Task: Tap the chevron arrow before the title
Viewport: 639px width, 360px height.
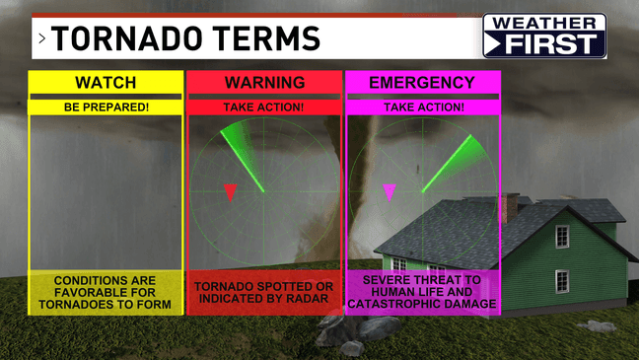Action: (x=42, y=40)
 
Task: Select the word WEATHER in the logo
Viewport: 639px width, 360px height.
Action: (x=543, y=23)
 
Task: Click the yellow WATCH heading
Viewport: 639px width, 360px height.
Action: (x=106, y=83)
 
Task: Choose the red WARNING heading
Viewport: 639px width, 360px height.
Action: (x=263, y=83)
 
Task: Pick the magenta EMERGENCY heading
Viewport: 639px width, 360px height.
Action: (x=422, y=83)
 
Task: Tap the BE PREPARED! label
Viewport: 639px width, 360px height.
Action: (x=106, y=107)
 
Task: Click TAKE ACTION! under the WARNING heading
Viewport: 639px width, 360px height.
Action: (x=263, y=107)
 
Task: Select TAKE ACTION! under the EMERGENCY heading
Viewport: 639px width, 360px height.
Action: (x=422, y=107)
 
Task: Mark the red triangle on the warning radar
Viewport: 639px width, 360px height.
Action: (x=230, y=191)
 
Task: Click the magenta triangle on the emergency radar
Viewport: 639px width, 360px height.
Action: (x=389, y=191)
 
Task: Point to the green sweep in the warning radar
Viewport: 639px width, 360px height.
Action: (x=242, y=153)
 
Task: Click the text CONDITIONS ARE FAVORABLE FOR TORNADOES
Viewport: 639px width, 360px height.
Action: (x=106, y=293)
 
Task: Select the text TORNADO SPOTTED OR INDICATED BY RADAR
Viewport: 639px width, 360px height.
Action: (x=263, y=293)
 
